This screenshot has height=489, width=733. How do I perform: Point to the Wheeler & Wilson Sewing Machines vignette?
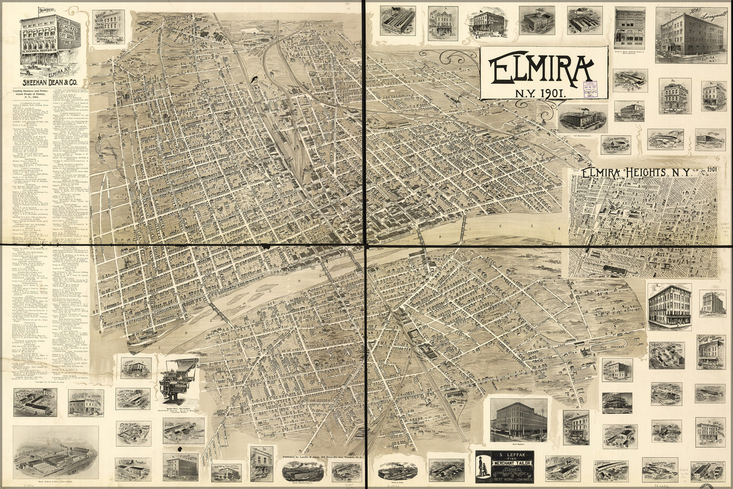coord(108,28)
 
